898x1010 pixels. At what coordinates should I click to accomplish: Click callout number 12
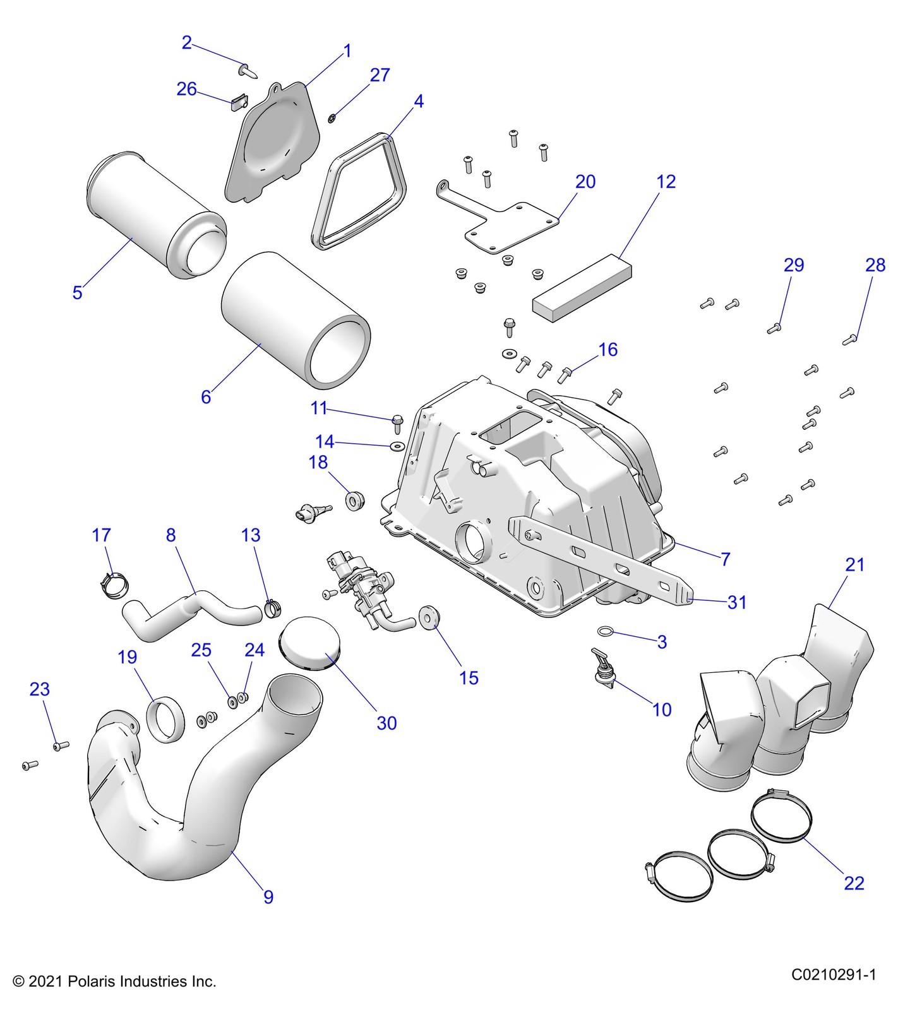(666, 182)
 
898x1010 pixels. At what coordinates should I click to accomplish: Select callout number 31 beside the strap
(737, 602)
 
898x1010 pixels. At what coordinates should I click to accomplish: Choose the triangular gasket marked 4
(358, 193)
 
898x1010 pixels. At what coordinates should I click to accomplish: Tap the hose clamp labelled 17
(114, 585)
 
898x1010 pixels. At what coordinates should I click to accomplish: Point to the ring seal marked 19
(165, 718)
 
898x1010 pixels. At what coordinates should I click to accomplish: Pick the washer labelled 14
(397, 447)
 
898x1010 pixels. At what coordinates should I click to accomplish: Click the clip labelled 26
(238, 102)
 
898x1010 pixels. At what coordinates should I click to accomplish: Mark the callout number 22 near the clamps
(854, 882)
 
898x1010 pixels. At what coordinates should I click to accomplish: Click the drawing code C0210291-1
(834, 975)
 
